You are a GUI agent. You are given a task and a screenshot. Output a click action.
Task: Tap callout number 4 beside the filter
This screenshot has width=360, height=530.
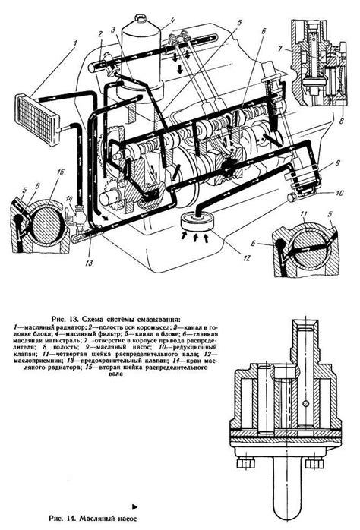click(172, 21)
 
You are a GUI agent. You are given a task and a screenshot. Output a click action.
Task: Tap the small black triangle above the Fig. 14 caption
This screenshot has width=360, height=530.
click(134, 503)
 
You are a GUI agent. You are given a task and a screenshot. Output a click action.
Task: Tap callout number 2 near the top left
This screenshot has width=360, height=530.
click(99, 33)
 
